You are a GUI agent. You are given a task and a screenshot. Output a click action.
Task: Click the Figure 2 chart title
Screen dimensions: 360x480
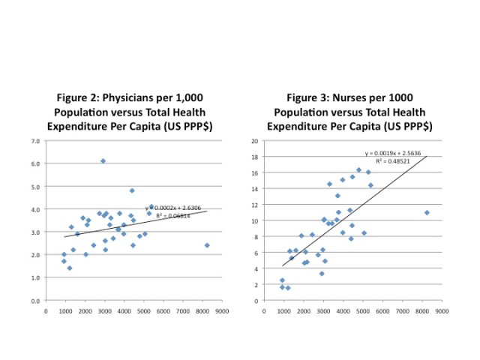(x=130, y=112)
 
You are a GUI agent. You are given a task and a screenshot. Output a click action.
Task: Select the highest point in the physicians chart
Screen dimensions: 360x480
(x=103, y=160)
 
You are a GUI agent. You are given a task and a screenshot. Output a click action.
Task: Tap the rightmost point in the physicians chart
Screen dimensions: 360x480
(x=207, y=245)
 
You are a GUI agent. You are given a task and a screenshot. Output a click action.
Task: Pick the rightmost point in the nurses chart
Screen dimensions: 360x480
(x=427, y=212)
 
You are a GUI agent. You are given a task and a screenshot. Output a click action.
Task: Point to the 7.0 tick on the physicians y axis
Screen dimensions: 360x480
(x=35, y=141)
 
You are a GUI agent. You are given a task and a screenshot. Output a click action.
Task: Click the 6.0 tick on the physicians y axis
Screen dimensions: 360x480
(x=35, y=163)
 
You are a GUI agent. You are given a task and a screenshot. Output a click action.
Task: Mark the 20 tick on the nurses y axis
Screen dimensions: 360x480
(x=255, y=141)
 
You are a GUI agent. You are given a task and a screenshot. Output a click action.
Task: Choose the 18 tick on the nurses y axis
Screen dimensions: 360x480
(x=255, y=157)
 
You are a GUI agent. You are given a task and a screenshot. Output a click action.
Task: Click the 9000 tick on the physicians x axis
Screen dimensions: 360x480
(x=221, y=309)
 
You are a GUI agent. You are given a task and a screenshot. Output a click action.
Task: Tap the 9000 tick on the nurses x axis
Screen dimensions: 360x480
(x=442, y=309)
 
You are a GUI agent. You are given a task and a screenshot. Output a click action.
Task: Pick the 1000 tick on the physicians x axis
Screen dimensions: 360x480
(x=65, y=309)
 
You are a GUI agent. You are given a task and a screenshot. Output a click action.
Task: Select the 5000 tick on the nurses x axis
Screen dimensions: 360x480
(x=364, y=309)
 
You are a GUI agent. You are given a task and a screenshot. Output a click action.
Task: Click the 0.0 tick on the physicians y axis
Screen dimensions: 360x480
(x=35, y=301)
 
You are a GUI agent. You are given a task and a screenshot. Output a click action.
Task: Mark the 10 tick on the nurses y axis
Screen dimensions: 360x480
(x=255, y=220)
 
